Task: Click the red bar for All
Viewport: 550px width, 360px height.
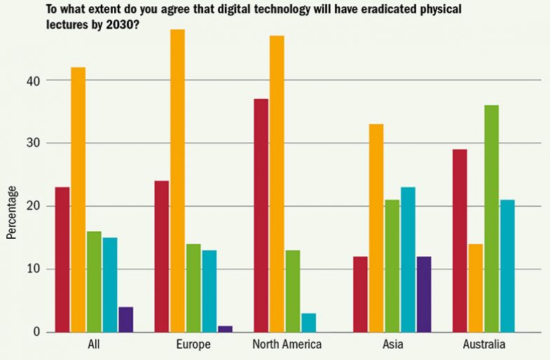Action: point(62,259)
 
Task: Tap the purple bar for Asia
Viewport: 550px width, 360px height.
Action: point(424,294)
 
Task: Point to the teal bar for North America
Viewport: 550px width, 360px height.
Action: point(309,322)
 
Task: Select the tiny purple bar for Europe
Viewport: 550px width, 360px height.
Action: point(225,328)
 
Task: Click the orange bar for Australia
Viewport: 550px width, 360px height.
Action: point(475,288)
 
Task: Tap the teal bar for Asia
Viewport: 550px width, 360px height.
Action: point(407,259)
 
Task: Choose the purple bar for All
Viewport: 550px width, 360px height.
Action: point(125,319)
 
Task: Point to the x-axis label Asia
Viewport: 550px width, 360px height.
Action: point(392,345)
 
